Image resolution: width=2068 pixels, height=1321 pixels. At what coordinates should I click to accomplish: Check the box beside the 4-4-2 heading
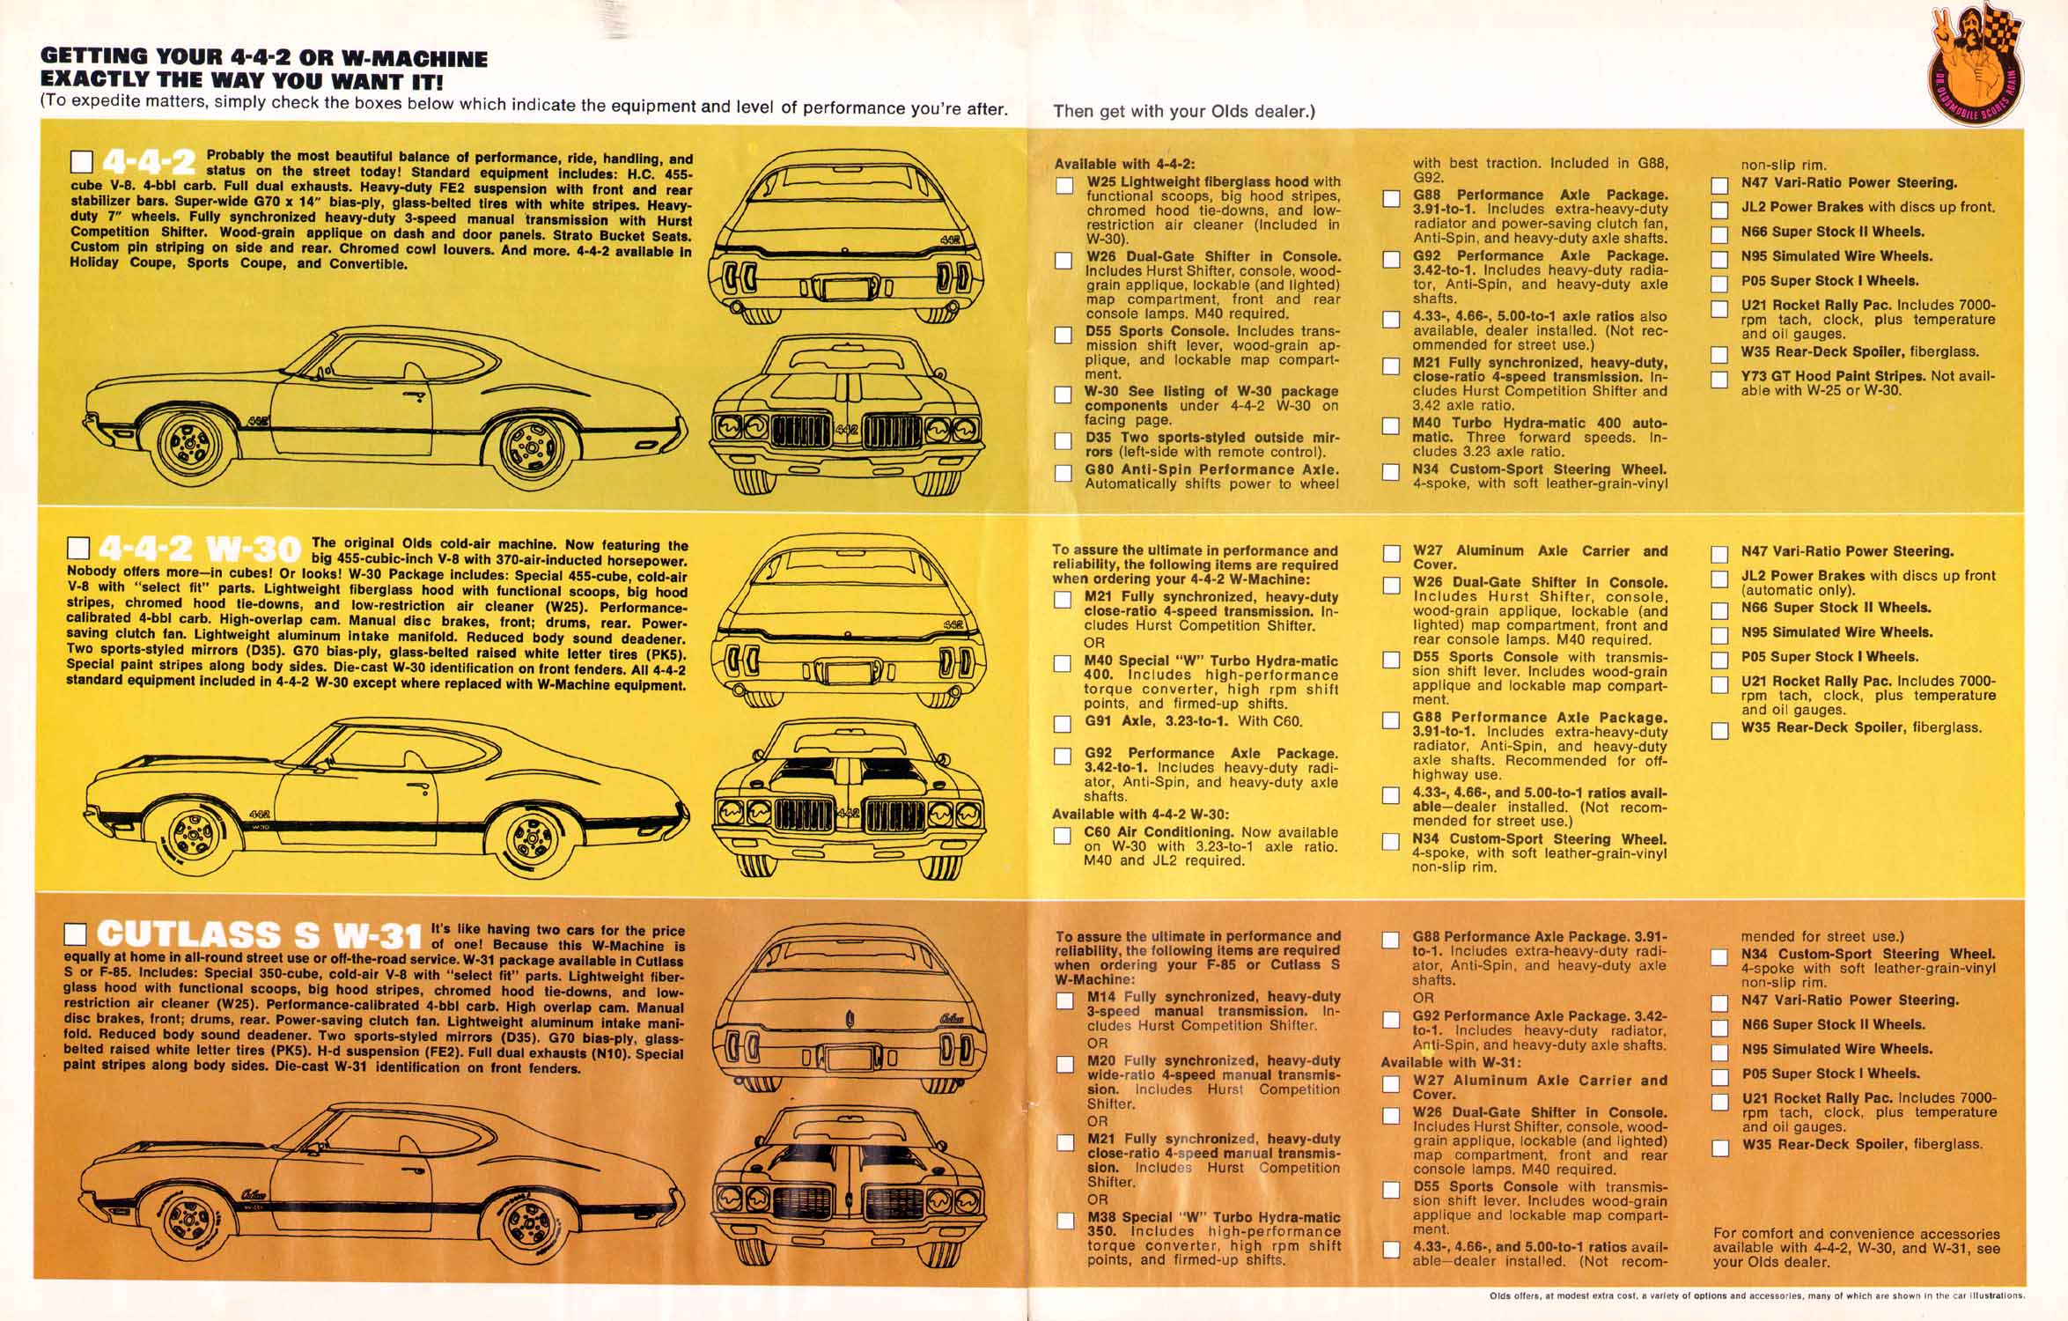point(82,164)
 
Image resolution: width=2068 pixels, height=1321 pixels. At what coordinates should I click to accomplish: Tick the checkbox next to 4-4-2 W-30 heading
point(79,550)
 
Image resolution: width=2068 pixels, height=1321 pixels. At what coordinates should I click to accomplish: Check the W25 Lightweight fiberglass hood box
point(1064,185)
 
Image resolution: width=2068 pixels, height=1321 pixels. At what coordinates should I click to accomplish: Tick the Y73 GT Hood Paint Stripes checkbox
point(1718,380)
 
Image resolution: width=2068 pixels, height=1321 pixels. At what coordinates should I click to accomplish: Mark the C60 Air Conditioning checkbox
point(1063,835)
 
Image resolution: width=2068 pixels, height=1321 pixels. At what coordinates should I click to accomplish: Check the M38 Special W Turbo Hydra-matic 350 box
point(1065,1221)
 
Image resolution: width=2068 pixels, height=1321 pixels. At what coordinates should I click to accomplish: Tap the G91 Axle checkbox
point(1063,724)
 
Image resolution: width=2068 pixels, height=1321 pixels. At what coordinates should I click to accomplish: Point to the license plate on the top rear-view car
point(843,288)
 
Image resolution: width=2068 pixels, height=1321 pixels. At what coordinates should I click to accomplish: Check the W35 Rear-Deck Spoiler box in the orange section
point(1719,1148)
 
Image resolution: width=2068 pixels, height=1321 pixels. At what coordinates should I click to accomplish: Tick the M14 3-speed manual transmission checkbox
point(1065,1000)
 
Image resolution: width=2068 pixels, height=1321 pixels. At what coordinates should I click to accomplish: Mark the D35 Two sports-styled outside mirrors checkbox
point(1063,441)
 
